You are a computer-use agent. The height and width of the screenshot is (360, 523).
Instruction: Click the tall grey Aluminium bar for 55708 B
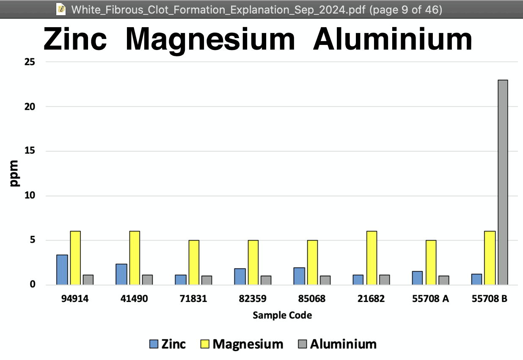pos(503,182)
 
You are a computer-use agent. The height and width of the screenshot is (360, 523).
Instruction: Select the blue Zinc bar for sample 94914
pos(62,270)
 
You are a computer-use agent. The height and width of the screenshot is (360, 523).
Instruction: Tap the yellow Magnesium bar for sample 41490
pos(135,258)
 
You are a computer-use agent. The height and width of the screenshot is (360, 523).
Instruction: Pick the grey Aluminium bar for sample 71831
pos(207,280)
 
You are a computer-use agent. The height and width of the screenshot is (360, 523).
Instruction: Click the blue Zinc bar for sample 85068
pos(299,276)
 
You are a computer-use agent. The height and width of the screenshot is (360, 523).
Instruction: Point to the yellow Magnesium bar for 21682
pos(372,258)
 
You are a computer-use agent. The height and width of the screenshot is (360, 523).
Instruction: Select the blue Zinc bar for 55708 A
pos(417,278)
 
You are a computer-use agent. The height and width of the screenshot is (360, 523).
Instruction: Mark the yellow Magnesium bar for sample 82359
pos(253,263)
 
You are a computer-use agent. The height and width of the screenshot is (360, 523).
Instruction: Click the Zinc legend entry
pos(168,344)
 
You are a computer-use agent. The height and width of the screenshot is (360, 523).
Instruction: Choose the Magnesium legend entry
pos(242,344)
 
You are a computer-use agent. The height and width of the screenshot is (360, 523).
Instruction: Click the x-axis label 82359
pos(253,299)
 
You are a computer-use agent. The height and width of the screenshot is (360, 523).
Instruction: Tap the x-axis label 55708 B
pos(490,299)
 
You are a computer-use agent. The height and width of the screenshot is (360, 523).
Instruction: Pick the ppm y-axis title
pos(14,173)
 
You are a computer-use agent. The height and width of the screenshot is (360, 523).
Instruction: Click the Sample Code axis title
pos(282,315)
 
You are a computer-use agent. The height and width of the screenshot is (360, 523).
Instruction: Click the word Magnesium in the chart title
pos(210,39)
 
